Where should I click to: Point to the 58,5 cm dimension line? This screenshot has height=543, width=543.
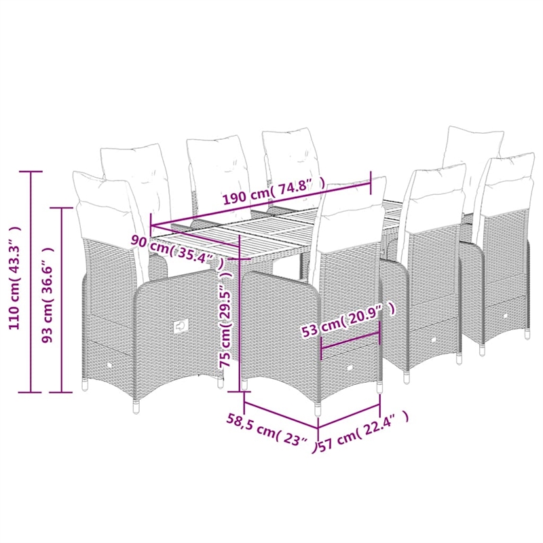pos(279,415)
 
